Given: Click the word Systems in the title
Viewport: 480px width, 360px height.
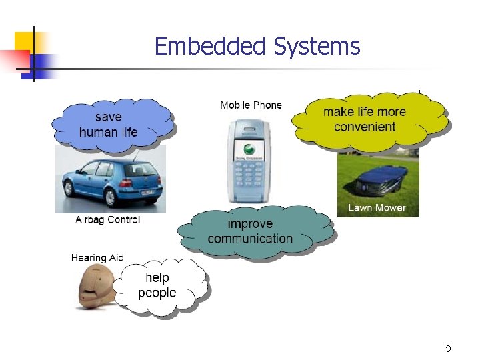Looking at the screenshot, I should tap(316, 47).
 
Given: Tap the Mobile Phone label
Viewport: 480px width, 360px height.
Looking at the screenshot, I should tap(251, 105).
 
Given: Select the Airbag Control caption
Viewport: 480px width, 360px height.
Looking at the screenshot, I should tap(107, 219).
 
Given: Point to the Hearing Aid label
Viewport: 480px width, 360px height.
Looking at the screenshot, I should tap(97, 258).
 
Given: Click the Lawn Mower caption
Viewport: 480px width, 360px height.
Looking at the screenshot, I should tap(377, 208).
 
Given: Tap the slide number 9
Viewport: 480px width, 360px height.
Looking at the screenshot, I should tap(448, 348).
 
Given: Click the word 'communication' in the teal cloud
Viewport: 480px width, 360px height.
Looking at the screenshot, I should tap(251, 239).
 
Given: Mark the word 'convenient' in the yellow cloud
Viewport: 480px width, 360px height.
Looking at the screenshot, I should tap(365, 127).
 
